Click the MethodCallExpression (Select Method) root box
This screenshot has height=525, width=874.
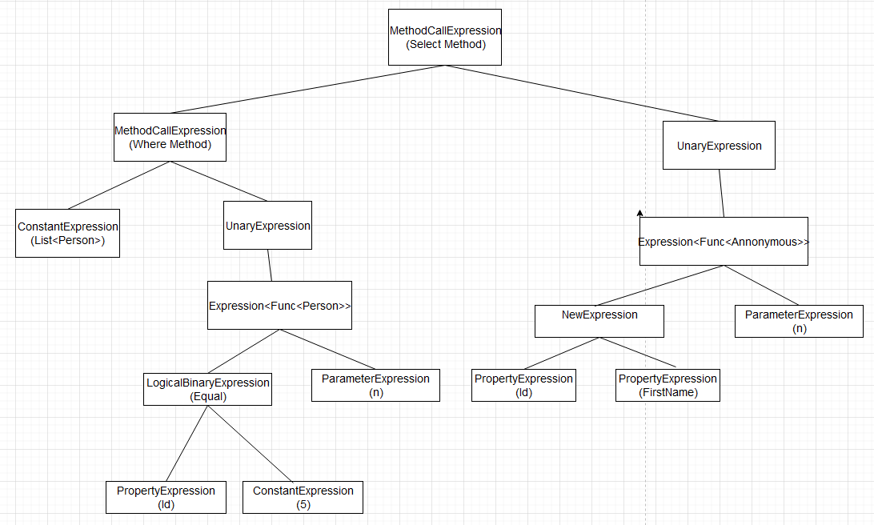click(x=445, y=37)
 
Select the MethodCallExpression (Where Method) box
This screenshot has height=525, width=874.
click(x=170, y=137)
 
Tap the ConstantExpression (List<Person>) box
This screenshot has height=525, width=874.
click(x=67, y=233)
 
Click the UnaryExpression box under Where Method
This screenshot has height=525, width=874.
click(x=267, y=226)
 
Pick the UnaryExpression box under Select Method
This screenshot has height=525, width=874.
click(x=719, y=146)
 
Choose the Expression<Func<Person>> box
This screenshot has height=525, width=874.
click(x=279, y=305)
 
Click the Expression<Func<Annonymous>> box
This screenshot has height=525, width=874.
click(x=724, y=241)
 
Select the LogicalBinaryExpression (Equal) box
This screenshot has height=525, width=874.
click(x=207, y=389)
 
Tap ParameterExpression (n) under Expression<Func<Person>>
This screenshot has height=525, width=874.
click(x=375, y=385)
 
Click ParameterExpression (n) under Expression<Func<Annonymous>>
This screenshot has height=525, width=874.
click(x=799, y=321)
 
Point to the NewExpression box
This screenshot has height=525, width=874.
click(x=599, y=321)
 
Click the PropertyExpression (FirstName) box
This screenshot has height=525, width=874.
click(x=668, y=385)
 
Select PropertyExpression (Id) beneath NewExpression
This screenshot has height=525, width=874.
click(x=523, y=385)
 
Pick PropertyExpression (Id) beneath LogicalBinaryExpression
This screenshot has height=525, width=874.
click(x=166, y=497)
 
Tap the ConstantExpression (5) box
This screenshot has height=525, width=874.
click(x=303, y=497)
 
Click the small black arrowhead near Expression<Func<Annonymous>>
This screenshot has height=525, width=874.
click(x=640, y=213)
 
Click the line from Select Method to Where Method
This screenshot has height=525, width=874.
click(x=308, y=89)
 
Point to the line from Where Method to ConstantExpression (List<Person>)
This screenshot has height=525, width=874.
click(x=118, y=186)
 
